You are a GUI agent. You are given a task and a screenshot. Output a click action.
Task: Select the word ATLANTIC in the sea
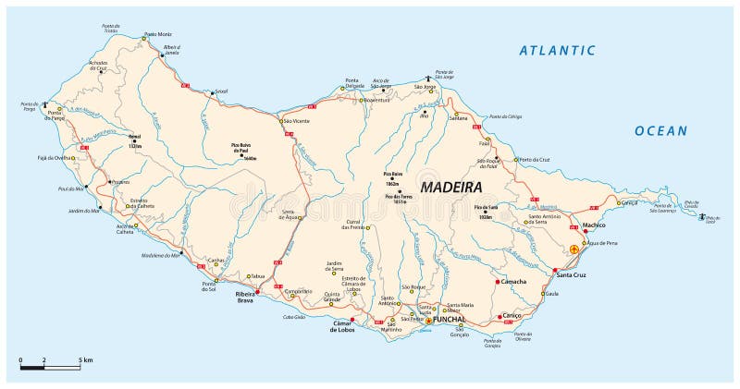(x=558, y=51)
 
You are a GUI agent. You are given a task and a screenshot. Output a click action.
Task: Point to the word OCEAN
(x=660, y=131)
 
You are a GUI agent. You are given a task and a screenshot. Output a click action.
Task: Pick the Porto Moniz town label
(x=158, y=35)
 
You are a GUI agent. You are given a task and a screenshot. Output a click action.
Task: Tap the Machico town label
(x=594, y=225)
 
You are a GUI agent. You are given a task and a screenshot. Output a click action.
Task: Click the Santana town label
(x=458, y=118)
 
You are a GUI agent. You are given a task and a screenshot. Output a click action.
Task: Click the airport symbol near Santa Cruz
(x=574, y=249)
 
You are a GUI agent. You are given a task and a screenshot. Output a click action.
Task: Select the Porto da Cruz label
(x=533, y=160)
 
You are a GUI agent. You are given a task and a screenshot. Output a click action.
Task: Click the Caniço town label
(x=512, y=315)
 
